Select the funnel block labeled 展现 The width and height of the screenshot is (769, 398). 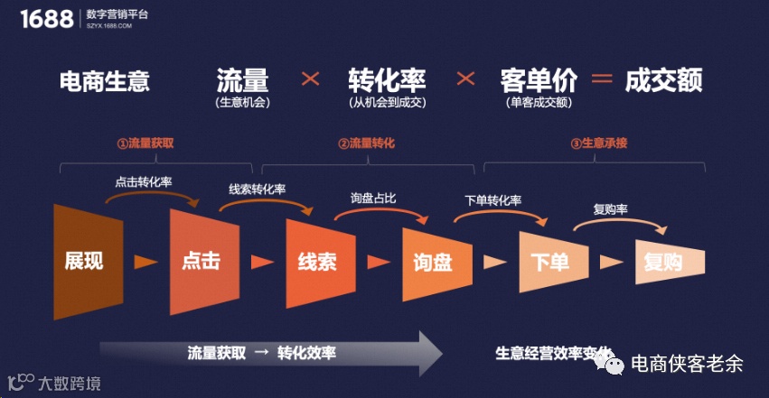click(83, 261)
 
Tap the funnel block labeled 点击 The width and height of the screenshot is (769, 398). click(201, 261)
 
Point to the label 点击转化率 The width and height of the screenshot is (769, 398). click(144, 181)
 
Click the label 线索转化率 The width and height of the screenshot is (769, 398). click(258, 190)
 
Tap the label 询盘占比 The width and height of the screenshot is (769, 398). click(373, 197)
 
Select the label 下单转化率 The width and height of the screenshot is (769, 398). click(492, 200)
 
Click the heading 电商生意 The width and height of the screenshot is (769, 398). click(104, 81)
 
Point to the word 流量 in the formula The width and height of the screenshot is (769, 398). click(242, 79)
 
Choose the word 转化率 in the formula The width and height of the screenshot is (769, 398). click(387, 79)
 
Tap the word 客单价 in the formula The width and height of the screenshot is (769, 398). click(539, 79)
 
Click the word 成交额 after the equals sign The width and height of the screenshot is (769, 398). click(663, 79)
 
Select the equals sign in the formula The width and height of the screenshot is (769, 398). click(602, 79)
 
